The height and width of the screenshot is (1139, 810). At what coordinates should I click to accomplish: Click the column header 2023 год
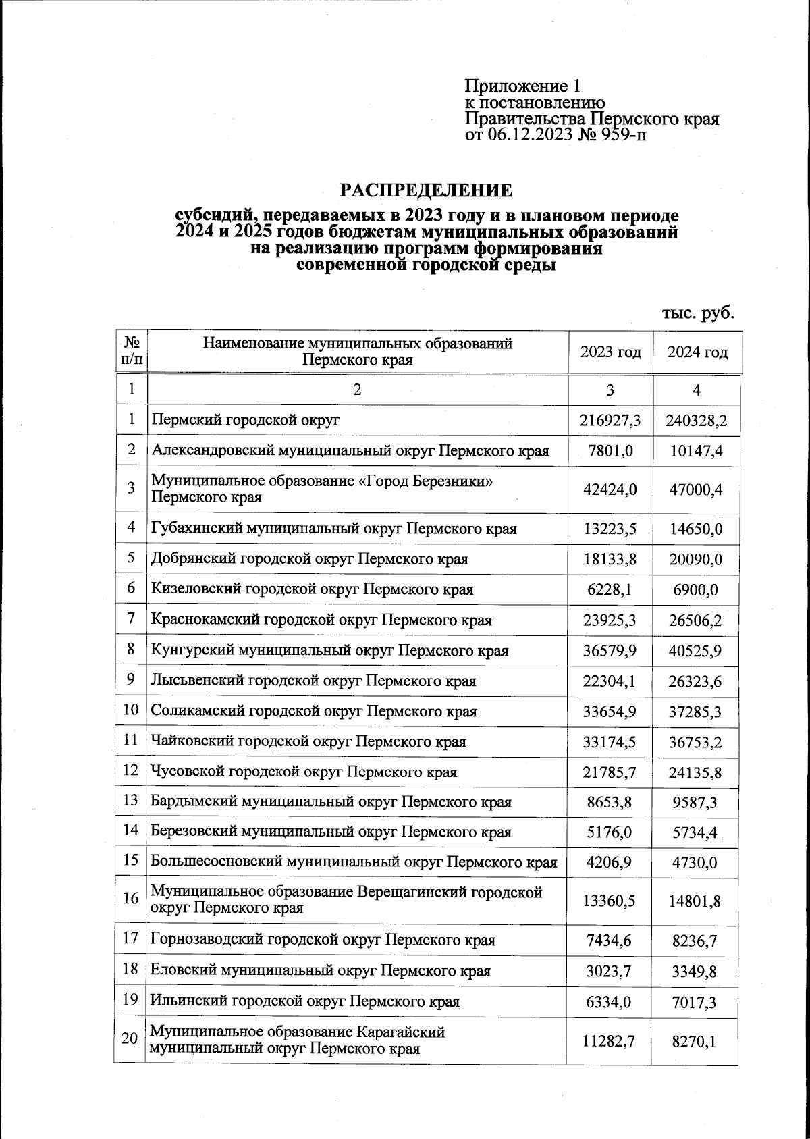point(611,352)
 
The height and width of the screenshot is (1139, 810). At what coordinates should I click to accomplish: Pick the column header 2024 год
point(697,352)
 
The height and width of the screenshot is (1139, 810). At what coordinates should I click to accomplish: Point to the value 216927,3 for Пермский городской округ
point(610,421)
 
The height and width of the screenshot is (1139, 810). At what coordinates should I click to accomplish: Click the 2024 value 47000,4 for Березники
point(696,489)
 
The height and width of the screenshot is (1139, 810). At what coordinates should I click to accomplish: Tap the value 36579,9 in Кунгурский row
point(610,651)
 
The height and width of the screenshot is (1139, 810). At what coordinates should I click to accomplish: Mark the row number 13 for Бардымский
point(130,801)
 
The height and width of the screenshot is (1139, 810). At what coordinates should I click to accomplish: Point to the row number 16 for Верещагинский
point(130,899)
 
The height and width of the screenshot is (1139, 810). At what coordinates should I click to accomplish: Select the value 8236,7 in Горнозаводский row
point(696,940)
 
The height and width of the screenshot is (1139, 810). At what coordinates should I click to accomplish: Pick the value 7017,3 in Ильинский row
point(696,1002)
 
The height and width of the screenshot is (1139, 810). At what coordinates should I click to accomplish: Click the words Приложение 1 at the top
point(522,86)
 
